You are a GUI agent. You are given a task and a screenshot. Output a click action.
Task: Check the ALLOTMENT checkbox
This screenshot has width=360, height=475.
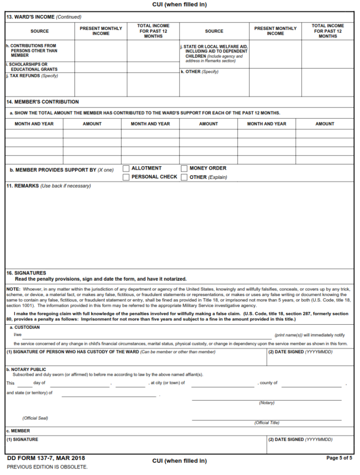126,168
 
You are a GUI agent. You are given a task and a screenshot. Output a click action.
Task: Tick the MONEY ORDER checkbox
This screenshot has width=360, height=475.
184,168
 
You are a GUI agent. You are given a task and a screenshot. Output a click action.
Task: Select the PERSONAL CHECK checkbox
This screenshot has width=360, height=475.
126,177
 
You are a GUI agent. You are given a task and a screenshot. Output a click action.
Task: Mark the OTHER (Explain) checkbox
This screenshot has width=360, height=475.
184,177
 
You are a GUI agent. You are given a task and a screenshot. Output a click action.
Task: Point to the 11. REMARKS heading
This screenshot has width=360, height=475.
22,186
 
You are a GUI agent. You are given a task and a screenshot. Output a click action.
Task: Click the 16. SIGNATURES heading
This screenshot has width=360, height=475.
26,273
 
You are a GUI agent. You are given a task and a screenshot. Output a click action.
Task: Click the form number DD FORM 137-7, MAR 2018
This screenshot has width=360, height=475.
46,458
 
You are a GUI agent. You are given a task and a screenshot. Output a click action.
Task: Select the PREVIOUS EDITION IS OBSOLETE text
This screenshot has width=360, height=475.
47,467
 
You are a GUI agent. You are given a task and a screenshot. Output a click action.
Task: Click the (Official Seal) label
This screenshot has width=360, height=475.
35,418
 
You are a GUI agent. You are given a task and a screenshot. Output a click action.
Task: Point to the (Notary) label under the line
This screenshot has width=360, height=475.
267,403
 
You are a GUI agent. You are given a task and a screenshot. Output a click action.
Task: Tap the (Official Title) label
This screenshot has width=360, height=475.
267,423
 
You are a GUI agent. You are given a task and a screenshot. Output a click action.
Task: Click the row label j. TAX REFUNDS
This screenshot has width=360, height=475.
32,76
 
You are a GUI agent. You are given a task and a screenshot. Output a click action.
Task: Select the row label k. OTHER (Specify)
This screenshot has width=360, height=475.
199,72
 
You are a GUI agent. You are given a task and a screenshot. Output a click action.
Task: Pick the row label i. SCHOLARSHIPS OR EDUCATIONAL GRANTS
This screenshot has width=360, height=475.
32,67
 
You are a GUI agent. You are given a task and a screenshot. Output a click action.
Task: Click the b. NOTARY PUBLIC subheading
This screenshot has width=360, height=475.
26,369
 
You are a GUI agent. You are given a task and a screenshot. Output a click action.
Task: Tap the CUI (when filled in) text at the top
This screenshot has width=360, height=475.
180,4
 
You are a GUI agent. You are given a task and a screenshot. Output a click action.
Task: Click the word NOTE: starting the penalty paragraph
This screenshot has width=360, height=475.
13,289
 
